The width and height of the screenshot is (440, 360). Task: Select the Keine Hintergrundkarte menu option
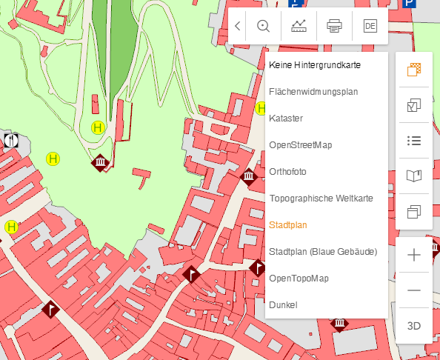click(x=315, y=65)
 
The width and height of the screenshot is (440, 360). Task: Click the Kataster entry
click(x=286, y=119)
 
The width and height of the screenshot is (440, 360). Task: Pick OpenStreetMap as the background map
click(x=301, y=145)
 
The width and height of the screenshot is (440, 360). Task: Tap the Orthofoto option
click(x=288, y=172)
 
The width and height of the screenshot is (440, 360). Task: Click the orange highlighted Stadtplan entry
click(x=288, y=225)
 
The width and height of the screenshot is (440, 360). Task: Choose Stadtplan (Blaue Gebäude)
click(x=323, y=252)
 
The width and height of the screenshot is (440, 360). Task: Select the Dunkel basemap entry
click(x=283, y=305)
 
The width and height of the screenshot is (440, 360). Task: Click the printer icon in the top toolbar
click(x=334, y=26)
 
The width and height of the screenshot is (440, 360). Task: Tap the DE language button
click(x=370, y=26)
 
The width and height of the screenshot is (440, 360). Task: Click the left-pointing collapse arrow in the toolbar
click(x=237, y=26)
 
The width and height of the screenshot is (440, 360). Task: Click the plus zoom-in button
click(x=414, y=255)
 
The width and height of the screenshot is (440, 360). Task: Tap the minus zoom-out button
click(x=414, y=290)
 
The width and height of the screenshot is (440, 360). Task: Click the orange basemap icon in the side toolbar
click(x=414, y=70)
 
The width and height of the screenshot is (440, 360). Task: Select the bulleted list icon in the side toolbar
click(x=414, y=141)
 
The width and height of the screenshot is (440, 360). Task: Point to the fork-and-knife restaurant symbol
click(x=10, y=139)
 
